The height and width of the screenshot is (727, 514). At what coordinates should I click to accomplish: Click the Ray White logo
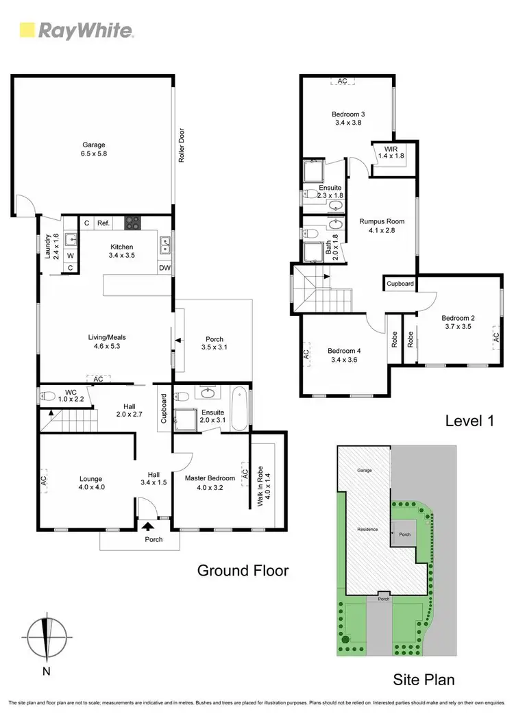tap(76, 29)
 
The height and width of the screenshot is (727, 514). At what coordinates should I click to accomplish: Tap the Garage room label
tap(94, 149)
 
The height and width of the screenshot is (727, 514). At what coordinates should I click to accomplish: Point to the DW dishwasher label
tap(164, 268)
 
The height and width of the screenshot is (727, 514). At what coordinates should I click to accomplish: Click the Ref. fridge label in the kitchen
tap(103, 223)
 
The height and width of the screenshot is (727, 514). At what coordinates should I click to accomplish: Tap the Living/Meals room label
tap(106, 341)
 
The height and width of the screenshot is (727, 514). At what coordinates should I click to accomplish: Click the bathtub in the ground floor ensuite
tap(239, 409)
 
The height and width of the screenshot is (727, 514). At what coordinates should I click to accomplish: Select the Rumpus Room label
tap(382, 225)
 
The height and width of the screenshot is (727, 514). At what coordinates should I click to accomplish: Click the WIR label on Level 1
tap(391, 152)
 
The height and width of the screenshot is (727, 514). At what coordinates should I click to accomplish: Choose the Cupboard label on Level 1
tap(400, 283)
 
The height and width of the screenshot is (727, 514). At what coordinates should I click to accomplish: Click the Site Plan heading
tap(424, 680)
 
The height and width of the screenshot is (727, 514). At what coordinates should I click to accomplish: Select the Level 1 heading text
tap(470, 420)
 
